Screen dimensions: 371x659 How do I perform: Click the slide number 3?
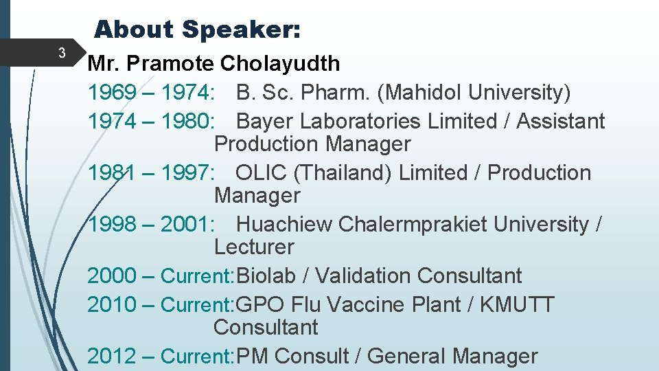pos(62,53)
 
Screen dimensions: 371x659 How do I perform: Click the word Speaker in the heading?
pos(240,30)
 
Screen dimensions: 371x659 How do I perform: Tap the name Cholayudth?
pos(280,64)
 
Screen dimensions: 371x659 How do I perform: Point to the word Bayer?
pos(264,122)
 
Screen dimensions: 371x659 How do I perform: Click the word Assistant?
pos(560,122)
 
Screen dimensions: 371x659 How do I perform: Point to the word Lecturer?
pos(254,247)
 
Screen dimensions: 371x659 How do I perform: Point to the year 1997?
pos(185,173)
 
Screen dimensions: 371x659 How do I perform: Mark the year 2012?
pos(112,357)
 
